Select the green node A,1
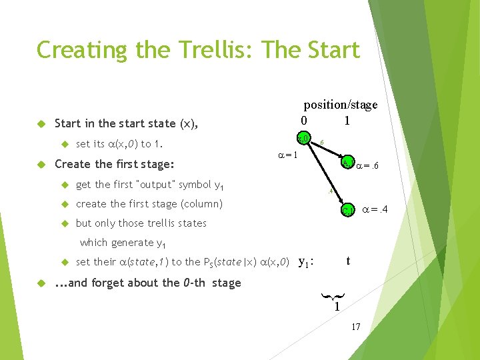click(x=347, y=162)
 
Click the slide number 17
click(x=356, y=327)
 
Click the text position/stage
click(x=341, y=105)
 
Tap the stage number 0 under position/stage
click(x=303, y=121)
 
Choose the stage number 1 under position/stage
click(x=347, y=121)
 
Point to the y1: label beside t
click(x=306, y=262)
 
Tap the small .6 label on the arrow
click(x=321, y=143)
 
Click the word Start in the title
click(x=322, y=50)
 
